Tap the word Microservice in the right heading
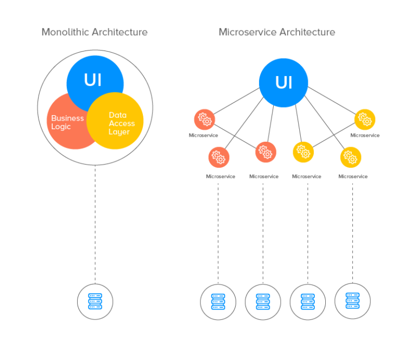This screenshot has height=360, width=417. click(247, 32)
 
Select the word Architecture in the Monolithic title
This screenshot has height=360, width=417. click(119, 32)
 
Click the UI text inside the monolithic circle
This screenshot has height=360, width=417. click(93, 80)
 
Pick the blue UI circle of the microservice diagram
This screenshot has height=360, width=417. click(283, 83)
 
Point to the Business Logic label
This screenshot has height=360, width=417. click(67, 122)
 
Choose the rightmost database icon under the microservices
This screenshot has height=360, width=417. click(352, 300)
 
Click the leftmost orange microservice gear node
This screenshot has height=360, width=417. click(205, 119)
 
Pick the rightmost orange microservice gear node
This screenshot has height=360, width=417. click(266, 152)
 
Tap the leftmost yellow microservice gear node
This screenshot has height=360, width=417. click(303, 152)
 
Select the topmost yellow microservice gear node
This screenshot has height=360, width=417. click(364, 119)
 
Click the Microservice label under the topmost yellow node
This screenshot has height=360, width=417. click(364, 135)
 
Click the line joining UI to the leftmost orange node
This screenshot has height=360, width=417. click(237, 102)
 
